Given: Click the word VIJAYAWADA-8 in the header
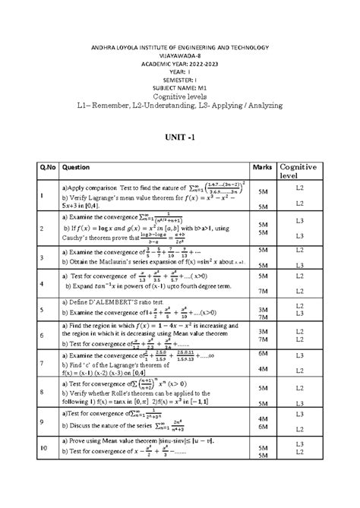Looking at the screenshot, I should point(180,55).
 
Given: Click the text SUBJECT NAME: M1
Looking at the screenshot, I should point(180,87).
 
